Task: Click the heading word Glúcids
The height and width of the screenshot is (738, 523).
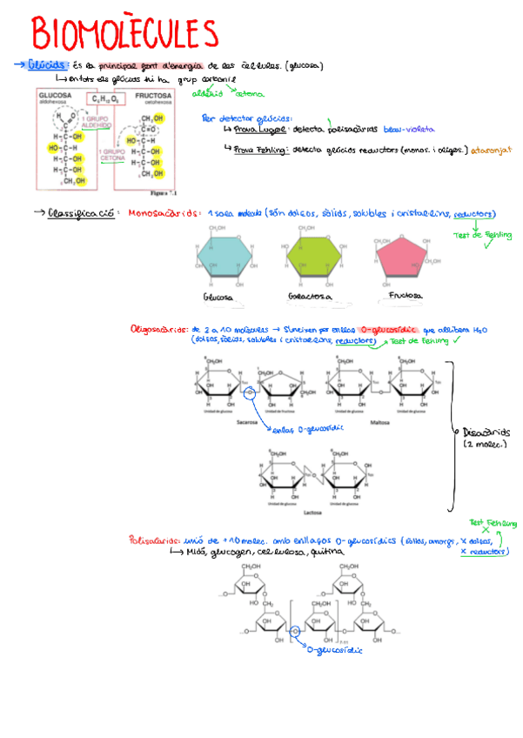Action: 47,65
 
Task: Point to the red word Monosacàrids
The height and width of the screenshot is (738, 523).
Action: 161,212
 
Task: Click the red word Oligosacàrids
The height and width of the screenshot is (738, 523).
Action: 158,331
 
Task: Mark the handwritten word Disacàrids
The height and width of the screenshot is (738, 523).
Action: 490,433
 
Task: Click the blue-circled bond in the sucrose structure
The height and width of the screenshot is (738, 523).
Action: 249,394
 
